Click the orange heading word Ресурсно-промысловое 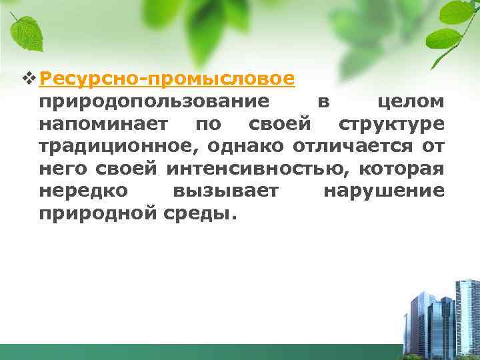click(167, 79)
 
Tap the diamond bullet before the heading click(27, 79)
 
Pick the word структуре click(391, 124)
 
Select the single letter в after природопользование click(323, 103)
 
